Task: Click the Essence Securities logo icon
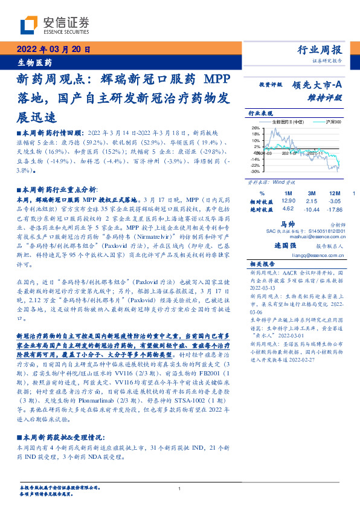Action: (x=28, y=24)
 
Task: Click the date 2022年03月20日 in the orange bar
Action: (x=53, y=50)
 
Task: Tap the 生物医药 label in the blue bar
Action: (x=34, y=62)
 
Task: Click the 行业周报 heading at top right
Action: (x=320, y=50)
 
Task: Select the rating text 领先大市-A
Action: (x=317, y=85)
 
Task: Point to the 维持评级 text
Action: (x=327, y=97)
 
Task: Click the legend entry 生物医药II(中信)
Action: (x=288, y=122)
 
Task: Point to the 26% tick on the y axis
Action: (x=255, y=128)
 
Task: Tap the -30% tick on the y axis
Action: (x=254, y=171)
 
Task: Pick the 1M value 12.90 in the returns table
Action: (x=288, y=200)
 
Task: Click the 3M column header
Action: (x=311, y=192)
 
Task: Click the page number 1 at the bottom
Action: (x=180, y=489)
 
